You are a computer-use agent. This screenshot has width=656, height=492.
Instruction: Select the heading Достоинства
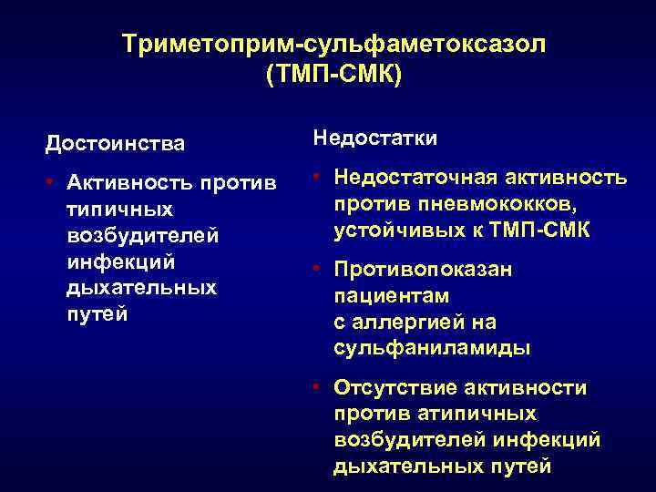(x=115, y=144)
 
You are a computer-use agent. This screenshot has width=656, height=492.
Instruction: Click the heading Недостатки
(x=375, y=138)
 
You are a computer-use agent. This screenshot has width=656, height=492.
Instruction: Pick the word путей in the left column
(x=97, y=314)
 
